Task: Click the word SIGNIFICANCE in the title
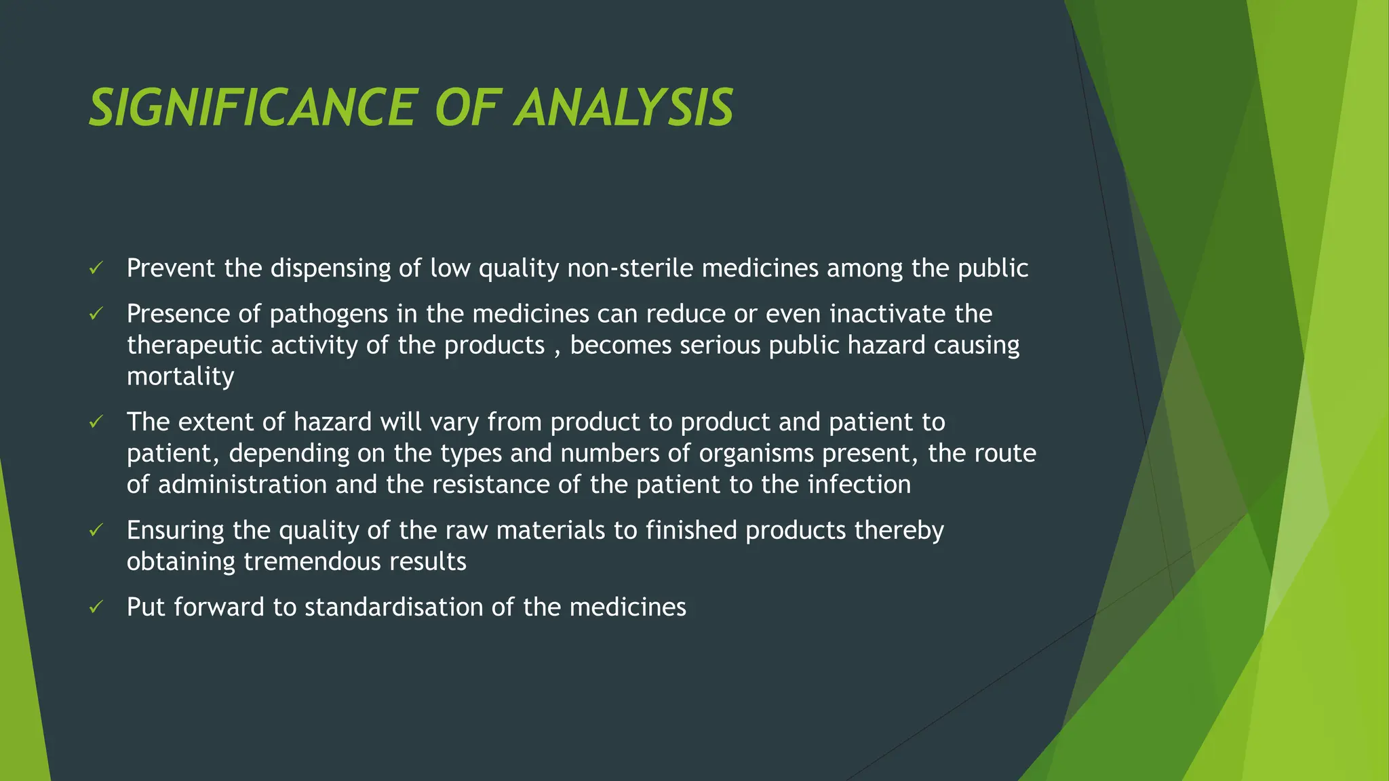251,108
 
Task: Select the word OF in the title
467,108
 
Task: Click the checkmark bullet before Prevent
96,268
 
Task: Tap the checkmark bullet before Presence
96,314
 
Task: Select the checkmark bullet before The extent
96,422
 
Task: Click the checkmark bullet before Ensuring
96,530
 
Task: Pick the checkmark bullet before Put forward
96,607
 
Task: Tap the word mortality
180,377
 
